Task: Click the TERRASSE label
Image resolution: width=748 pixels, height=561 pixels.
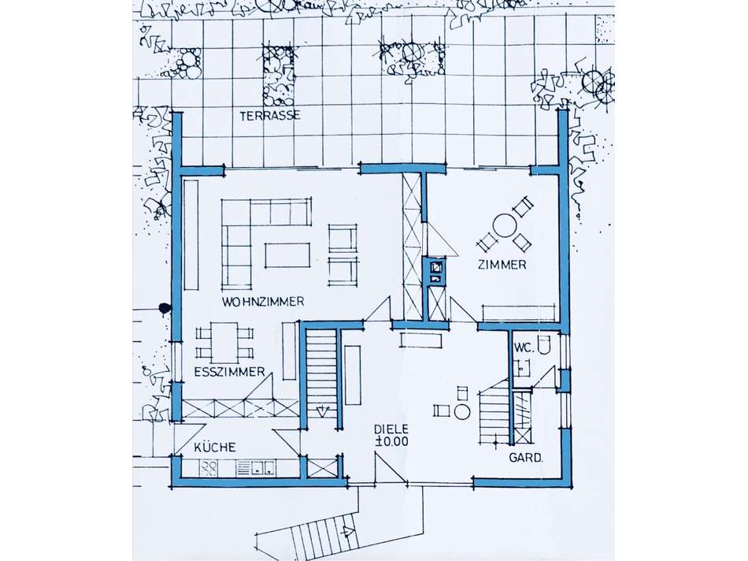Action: point(270,116)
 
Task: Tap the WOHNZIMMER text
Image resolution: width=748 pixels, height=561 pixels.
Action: point(263,302)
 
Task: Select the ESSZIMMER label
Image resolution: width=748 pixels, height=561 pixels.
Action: point(229,372)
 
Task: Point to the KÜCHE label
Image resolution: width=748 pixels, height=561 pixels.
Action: point(215,448)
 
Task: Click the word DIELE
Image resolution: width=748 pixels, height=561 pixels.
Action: point(391,429)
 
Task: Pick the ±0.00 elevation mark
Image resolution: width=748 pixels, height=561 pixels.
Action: point(391,442)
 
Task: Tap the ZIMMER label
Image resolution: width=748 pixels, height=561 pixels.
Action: point(502,265)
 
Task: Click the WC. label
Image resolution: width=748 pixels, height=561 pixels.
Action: point(521,348)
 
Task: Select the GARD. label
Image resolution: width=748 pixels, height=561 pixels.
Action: point(526,458)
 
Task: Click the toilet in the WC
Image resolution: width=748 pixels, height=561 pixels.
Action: point(544,344)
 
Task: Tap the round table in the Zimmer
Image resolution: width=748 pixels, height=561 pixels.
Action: point(504,226)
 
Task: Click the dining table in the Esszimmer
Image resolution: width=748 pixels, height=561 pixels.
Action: point(224,342)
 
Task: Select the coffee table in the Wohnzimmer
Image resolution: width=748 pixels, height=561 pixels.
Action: point(287,255)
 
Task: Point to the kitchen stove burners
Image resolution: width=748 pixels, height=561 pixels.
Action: point(208,468)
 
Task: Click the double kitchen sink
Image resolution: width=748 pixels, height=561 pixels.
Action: point(263,468)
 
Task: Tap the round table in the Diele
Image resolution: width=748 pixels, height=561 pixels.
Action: point(461,411)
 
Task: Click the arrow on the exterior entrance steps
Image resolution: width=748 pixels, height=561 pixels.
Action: point(346,530)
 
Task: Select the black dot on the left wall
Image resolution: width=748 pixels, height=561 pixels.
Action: point(165,309)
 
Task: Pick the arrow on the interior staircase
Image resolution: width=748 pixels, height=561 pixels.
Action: point(324,410)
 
